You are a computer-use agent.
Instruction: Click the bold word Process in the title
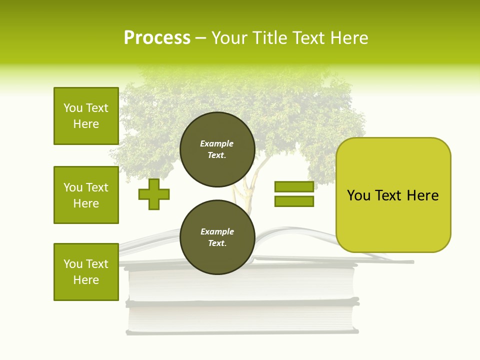[157, 38]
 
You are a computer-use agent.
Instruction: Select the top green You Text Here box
[86, 116]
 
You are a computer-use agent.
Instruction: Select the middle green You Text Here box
[86, 195]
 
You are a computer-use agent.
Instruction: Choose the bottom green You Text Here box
[86, 272]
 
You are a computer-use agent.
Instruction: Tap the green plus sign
[154, 194]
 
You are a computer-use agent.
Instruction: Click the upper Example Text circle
[217, 149]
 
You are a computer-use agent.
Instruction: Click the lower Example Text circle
[217, 237]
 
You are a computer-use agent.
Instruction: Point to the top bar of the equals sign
[294, 187]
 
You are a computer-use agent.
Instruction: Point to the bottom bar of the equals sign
[294, 201]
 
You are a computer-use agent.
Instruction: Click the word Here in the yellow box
[422, 195]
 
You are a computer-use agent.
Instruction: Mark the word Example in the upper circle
[217, 144]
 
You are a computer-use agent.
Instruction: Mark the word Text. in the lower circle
[217, 243]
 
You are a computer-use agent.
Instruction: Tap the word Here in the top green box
[86, 124]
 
